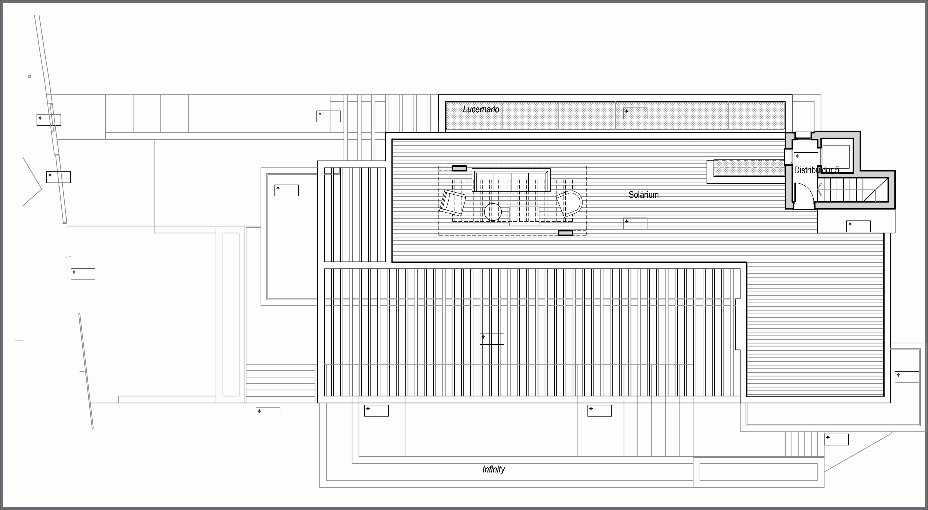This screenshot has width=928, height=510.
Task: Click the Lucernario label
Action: coord(481,109)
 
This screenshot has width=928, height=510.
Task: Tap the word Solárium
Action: coord(643,195)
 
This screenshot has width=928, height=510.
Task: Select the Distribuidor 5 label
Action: coord(816,170)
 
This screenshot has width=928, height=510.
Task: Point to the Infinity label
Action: coord(493,469)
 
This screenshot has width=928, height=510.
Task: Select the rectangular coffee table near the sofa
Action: coord(524,216)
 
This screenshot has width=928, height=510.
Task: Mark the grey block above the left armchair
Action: coord(459,168)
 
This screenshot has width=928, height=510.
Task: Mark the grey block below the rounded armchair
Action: coord(565,233)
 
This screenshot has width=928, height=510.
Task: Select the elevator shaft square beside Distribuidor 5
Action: coord(836,157)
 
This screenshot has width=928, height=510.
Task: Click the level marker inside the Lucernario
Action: coord(627,111)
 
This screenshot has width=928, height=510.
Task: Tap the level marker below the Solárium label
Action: coord(627,221)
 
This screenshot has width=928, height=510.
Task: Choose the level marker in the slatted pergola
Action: coord(483,337)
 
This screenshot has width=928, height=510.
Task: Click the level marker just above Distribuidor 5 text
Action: coord(798,156)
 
